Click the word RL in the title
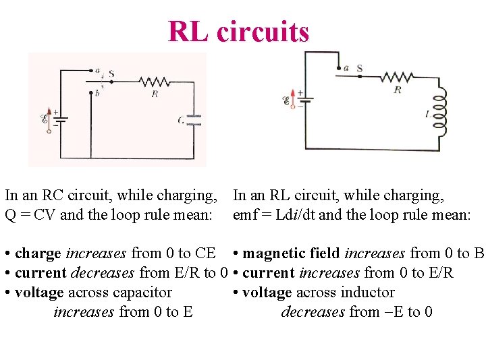[189, 31]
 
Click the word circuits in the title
[263, 31]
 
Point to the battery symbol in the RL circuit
[305, 101]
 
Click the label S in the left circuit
[111, 73]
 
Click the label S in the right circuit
[359, 68]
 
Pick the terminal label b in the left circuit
[98, 92]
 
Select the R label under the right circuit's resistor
[397, 89]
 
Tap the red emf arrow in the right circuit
[292, 98]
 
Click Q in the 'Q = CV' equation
[11, 216]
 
